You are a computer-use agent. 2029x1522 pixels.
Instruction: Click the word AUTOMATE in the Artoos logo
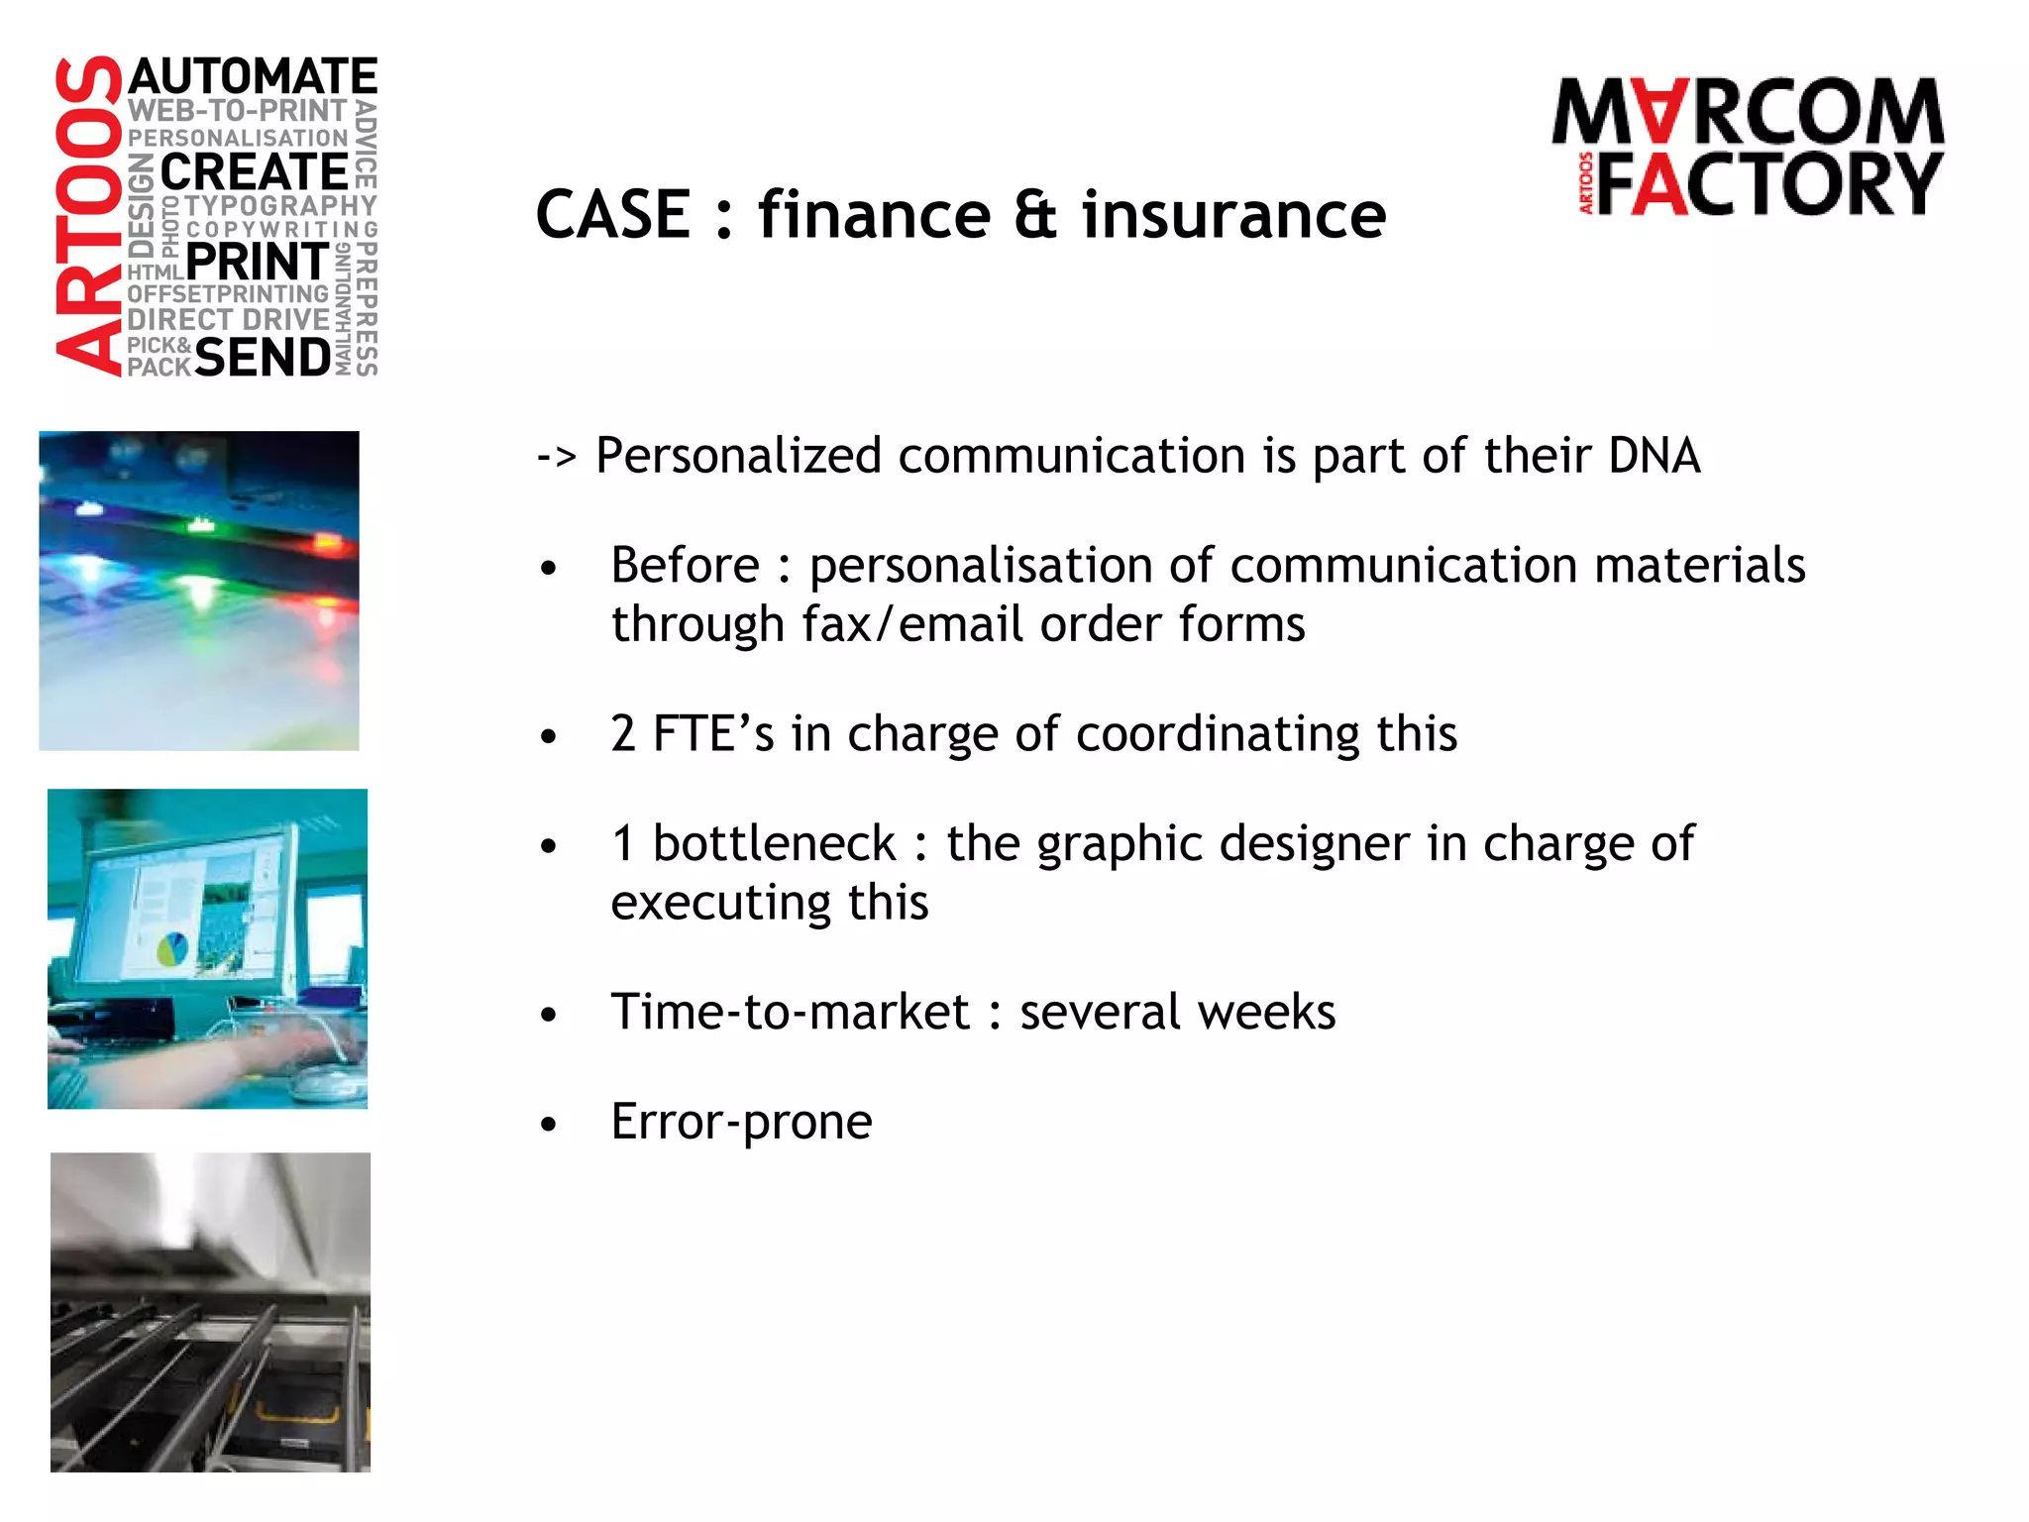(x=253, y=77)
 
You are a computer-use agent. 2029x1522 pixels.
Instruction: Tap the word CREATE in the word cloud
(x=254, y=172)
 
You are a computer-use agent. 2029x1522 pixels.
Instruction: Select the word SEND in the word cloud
(x=263, y=357)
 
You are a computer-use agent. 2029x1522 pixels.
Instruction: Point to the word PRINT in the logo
(x=257, y=263)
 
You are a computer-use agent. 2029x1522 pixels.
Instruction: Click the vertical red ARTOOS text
(x=88, y=216)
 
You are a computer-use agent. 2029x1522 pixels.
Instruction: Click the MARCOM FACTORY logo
(x=1749, y=147)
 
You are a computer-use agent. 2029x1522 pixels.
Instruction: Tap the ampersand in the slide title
(x=1035, y=215)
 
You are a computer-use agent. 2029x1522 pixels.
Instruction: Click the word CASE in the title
(x=613, y=215)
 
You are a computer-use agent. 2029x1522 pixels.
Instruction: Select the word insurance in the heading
(x=1233, y=215)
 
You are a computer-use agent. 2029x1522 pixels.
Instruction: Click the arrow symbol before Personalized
(x=556, y=457)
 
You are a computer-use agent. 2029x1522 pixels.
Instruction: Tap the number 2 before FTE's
(x=623, y=734)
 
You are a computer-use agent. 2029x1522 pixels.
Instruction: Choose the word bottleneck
(x=774, y=844)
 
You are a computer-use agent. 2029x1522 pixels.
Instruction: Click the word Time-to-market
(x=790, y=1013)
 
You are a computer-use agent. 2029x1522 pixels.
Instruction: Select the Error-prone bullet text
(x=741, y=1122)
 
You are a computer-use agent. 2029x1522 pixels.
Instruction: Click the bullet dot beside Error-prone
(x=549, y=1125)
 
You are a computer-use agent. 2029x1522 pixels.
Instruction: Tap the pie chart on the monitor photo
(x=173, y=948)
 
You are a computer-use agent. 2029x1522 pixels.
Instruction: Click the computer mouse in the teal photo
(x=322, y=1084)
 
